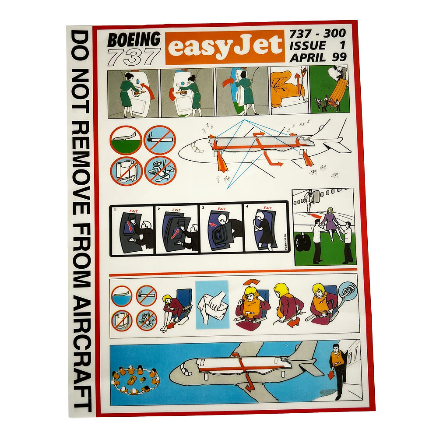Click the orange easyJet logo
[225, 47]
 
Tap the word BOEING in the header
[134, 40]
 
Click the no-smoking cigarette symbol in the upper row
[160, 140]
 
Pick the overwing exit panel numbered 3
[222, 229]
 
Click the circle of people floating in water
[136, 377]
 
